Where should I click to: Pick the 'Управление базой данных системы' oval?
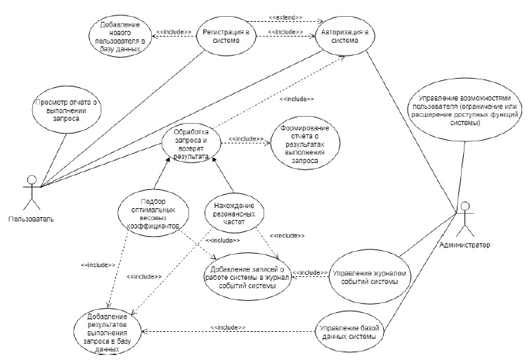click(351, 330)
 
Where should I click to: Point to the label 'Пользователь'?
click(31, 219)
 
